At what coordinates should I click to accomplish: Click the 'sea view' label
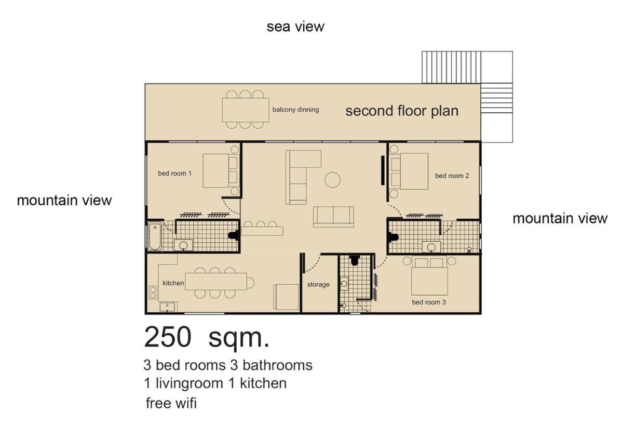click(295, 27)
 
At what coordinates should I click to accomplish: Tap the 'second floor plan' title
click(402, 111)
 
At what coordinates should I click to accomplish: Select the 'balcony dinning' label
click(295, 110)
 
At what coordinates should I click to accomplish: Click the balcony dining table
click(245, 110)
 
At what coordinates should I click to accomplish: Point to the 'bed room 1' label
click(174, 174)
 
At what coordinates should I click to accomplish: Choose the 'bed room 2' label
click(452, 176)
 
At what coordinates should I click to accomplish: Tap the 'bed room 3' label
click(429, 302)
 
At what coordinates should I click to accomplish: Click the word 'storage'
click(318, 285)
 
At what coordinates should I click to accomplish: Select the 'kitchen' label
click(173, 283)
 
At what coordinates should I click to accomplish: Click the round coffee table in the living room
click(332, 180)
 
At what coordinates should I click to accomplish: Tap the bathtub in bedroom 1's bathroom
click(155, 236)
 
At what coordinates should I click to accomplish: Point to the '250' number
click(168, 337)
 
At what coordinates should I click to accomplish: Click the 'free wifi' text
click(171, 403)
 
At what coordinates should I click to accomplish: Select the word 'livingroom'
click(189, 383)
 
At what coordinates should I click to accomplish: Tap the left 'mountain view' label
click(64, 201)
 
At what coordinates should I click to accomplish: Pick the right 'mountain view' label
click(560, 219)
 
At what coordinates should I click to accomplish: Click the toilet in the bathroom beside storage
click(354, 260)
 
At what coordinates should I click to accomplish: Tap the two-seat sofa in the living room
click(333, 217)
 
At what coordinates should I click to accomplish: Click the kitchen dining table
click(216, 282)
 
